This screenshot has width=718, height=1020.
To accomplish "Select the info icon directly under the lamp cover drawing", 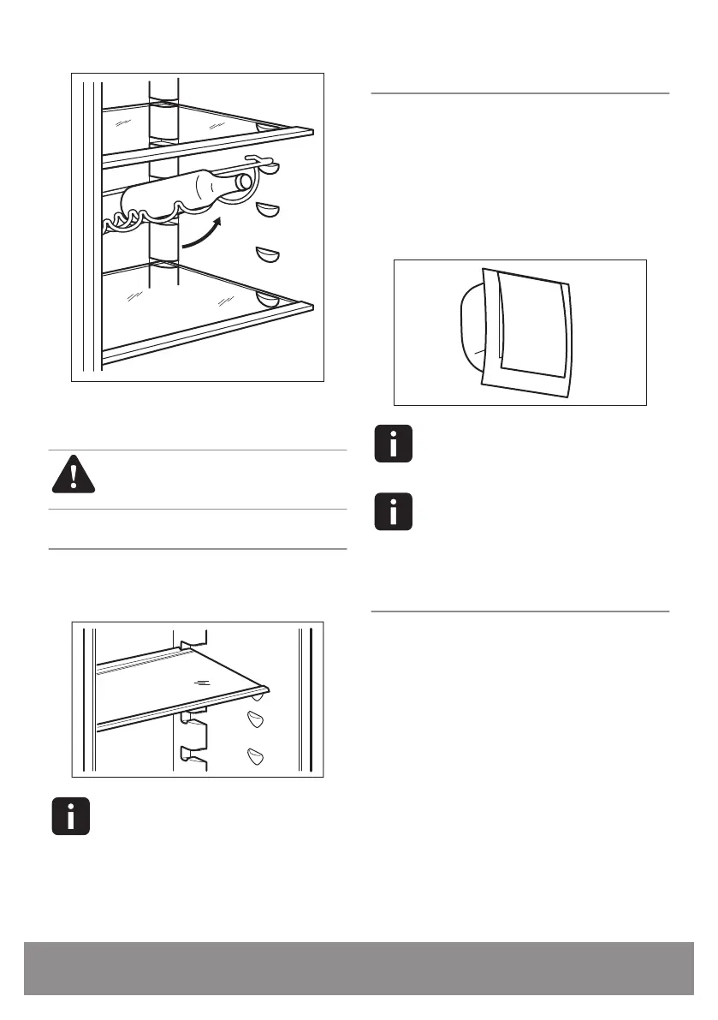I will (x=394, y=444).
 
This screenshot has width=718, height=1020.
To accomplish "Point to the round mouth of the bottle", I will (x=246, y=182).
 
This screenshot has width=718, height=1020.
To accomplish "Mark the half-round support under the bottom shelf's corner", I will (x=268, y=300).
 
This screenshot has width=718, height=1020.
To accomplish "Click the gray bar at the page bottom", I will (x=359, y=969).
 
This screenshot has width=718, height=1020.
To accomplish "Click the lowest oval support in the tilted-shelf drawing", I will (x=254, y=755).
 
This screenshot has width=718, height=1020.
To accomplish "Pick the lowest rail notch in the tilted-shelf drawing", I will (x=192, y=754).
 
